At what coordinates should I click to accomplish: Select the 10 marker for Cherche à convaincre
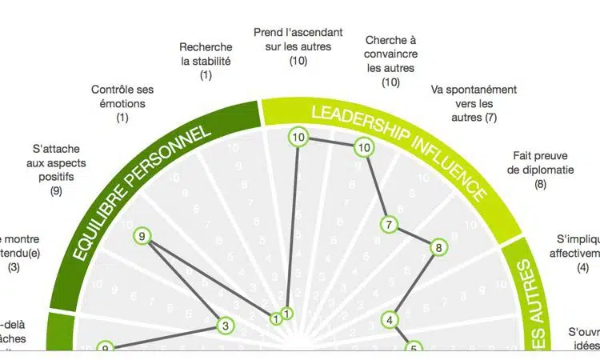pos(364,147)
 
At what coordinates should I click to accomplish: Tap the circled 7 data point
pos(389,225)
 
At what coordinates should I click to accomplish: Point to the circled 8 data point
pos(438,248)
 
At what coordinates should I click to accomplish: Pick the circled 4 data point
pos(390,321)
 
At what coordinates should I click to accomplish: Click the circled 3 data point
pos(226,326)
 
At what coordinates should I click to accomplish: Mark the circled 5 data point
pos(414,348)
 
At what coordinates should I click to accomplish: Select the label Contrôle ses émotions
pos(122,103)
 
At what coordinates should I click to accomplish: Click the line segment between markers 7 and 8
pos(414,237)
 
